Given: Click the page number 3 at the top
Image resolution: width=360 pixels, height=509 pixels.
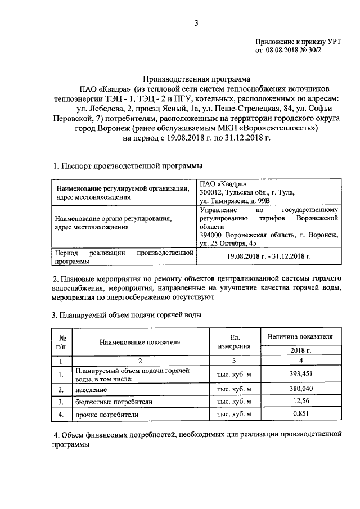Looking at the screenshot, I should [x=197, y=23].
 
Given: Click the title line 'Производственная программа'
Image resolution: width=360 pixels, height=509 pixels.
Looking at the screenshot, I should [x=196, y=79].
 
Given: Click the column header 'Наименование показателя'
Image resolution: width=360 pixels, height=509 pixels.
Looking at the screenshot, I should [x=140, y=341].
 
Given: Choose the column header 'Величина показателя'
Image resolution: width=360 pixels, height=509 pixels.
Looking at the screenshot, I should [x=299, y=336].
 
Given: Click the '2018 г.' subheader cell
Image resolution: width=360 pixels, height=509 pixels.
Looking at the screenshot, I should [x=299, y=350].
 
